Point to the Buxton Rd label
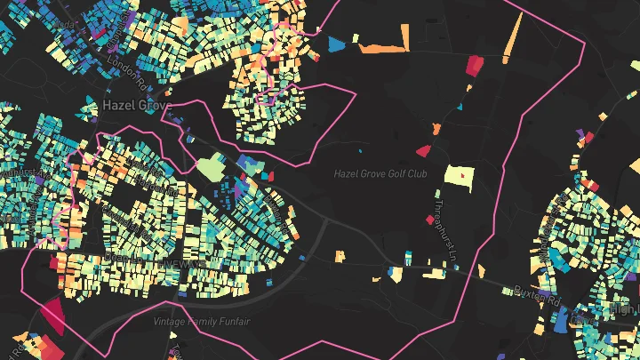click(x=533, y=292)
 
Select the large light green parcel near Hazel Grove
click(x=212, y=166)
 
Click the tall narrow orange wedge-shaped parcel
click(x=515, y=41)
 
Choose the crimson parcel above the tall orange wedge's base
click(x=475, y=64)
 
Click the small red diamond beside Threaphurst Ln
click(x=436, y=151)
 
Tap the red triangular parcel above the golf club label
click(x=424, y=151)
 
